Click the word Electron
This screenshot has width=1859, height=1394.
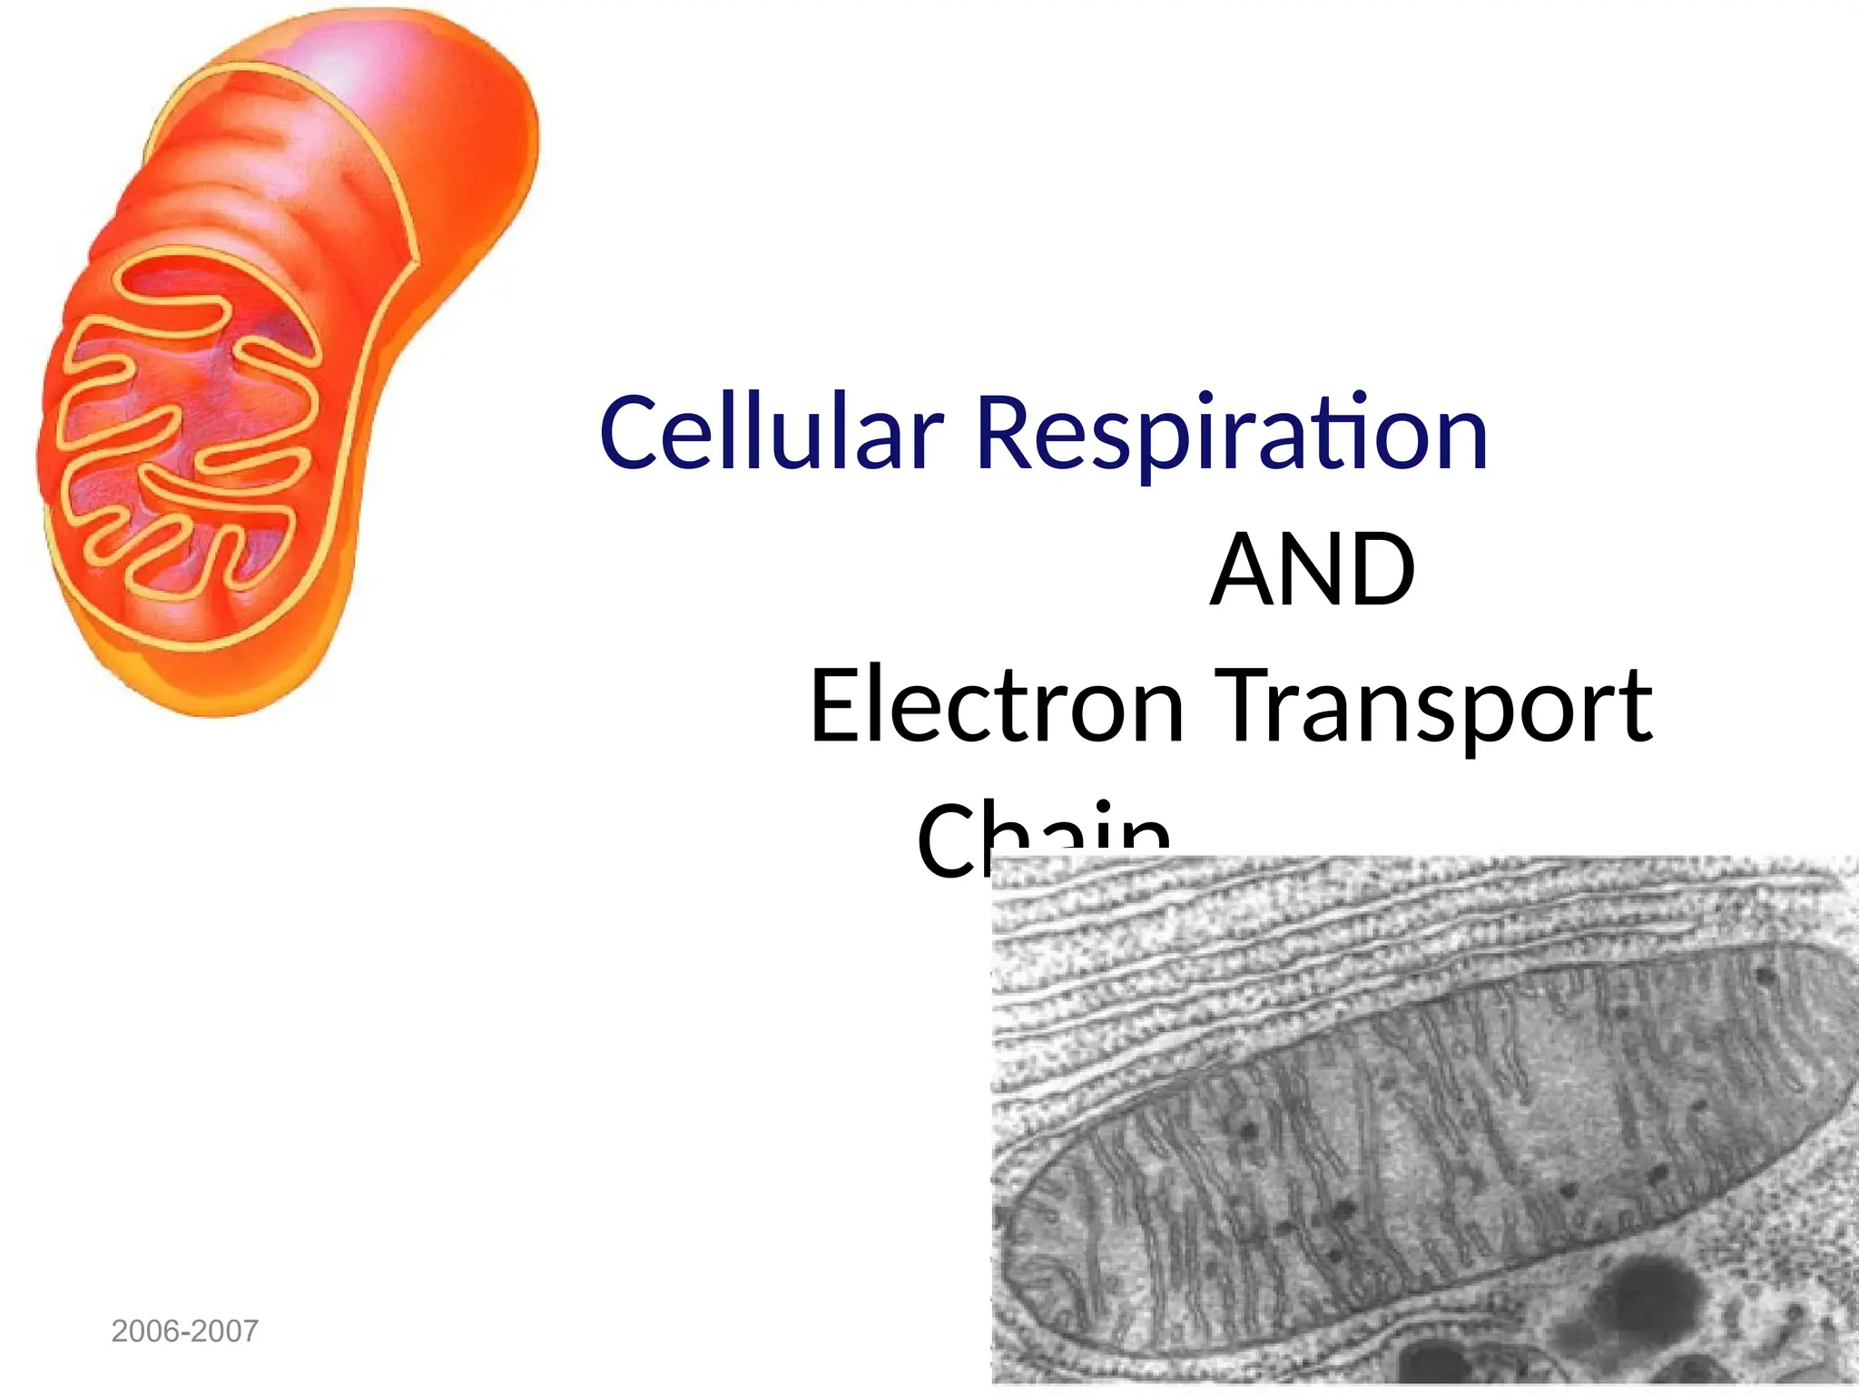pyautogui.click(x=996, y=705)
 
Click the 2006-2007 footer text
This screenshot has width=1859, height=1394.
pyautogui.click(x=184, y=1331)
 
